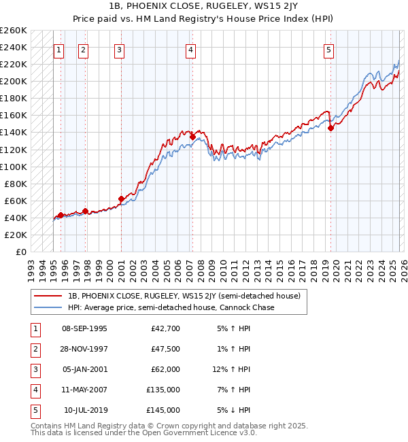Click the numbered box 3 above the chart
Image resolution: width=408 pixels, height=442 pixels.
(x=120, y=49)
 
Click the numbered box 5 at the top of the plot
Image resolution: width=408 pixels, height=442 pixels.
(x=329, y=49)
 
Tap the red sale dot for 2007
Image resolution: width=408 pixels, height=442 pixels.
(x=192, y=137)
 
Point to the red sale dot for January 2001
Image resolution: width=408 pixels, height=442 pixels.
(x=121, y=199)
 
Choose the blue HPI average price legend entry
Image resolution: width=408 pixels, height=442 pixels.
(x=171, y=307)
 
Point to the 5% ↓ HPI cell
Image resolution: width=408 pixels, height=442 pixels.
(x=234, y=410)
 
